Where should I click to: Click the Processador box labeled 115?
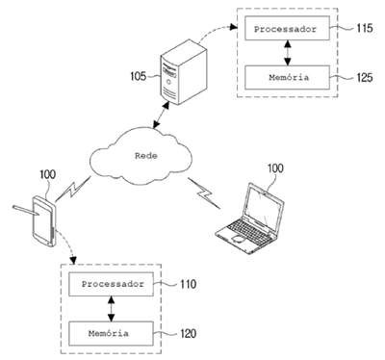[x=287, y=28]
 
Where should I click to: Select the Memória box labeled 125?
[x=287, y=77]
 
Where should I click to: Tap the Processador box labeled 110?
[x=112, y=284]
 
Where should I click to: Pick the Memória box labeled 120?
[x=112, y=334]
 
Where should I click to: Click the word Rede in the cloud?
[x=146, y=156]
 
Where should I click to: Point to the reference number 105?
[x=139, y=76]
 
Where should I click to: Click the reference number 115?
[x=365, y=28]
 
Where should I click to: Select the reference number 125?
[x=365, y=77]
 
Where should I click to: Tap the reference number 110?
[x=189, y=284]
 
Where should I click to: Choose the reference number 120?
[x=189, y=334]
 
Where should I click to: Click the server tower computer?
[x=184, y=72]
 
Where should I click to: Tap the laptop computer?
[x=250, y=219]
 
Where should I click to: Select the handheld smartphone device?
[x=45, y=221]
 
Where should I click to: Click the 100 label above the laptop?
[x=275, y=168]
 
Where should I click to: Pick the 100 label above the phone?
[x=47, y=174]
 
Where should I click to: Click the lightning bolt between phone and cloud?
[x=73, y=190]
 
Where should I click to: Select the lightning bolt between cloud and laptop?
[x=204, y=193]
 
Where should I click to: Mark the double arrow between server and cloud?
[x=161, y=116]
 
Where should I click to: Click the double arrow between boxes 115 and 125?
[x=288, y=53]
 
